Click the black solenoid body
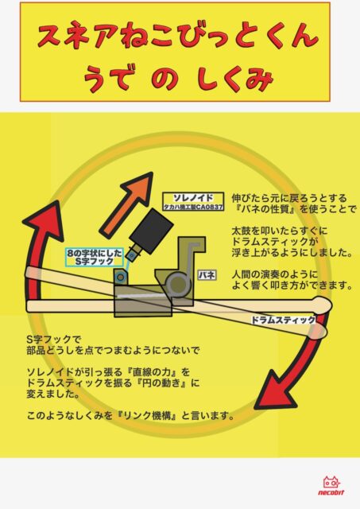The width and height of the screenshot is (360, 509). tap(151, 231)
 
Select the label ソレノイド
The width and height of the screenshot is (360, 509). tap(193, 198)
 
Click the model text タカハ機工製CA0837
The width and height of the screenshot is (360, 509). tap(193, 207)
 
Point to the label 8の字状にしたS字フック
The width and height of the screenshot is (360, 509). tap(94, 257)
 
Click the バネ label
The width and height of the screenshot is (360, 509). tap(207, 275)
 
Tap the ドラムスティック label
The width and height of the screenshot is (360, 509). tap(283, 320)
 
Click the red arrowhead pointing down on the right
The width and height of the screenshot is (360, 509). tap(277, 390)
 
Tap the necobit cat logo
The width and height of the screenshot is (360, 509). tap(331, 486)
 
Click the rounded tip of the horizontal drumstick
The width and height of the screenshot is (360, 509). tap(325, 305)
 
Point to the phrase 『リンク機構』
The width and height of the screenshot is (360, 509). tap(146, 415)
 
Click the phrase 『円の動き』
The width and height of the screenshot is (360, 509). tap(157, 383)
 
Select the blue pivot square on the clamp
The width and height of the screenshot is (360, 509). tap(120, 277)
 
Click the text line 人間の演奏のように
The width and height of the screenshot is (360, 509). tap(275, 274)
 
